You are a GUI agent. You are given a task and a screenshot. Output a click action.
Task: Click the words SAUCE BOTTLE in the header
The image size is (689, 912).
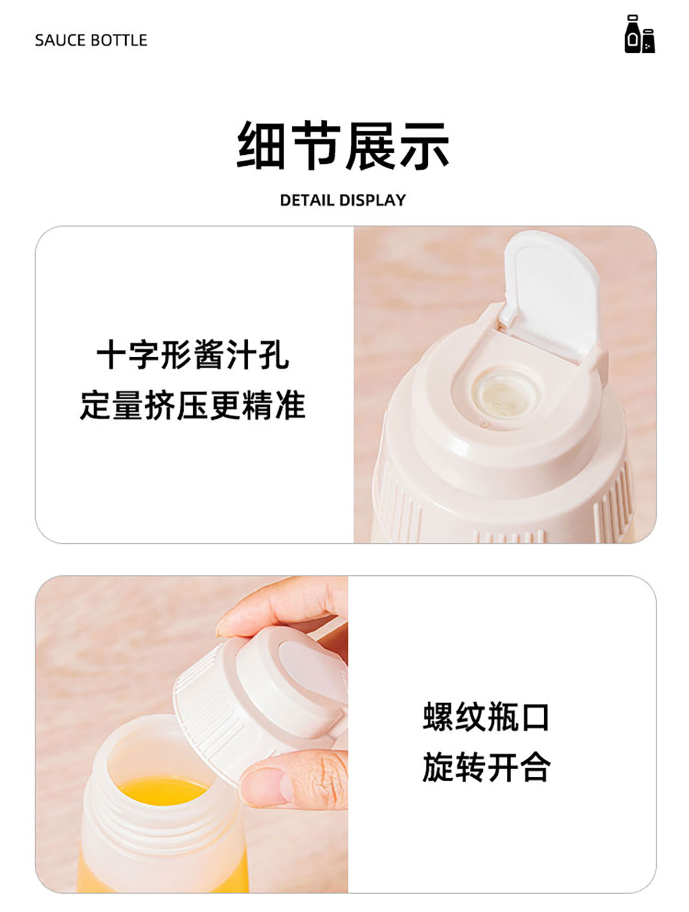coord(91,40)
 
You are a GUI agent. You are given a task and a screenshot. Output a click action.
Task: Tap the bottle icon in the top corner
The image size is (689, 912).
coord(639,34)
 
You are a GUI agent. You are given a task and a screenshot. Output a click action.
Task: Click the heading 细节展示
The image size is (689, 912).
coord(343,145)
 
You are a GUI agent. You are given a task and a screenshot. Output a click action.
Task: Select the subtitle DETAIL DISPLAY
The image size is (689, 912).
coord(343,200)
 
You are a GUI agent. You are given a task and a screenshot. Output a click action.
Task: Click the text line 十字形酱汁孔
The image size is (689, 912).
coord(192,354)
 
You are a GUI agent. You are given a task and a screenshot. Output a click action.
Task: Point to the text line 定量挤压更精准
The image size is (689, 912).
coord(192,405)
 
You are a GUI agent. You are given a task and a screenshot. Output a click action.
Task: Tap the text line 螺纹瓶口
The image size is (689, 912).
coord(486,716)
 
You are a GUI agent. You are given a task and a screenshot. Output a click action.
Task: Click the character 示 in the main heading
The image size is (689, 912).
coord(424,146)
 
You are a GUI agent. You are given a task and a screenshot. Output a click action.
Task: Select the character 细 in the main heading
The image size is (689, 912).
coord(261,146)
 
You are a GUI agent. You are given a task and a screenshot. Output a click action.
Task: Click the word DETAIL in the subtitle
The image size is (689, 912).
coord(308,200)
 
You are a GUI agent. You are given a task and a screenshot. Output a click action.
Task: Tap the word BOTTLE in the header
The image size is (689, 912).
coord(119,40)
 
